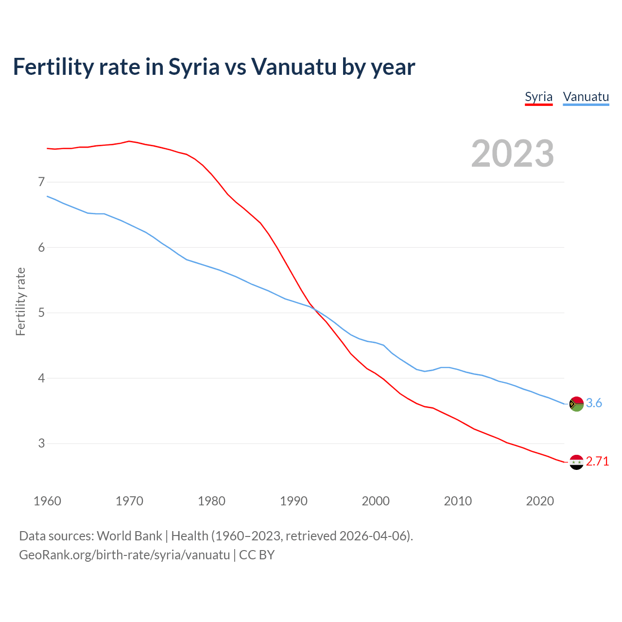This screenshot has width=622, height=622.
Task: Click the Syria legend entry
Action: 538,97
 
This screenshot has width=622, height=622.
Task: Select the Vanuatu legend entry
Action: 586,97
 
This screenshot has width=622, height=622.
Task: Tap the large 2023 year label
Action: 513,154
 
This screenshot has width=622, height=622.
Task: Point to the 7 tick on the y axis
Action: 41,182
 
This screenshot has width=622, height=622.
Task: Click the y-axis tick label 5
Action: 41,312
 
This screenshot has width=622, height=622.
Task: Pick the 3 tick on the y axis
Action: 41,443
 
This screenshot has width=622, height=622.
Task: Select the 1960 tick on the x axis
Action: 47,501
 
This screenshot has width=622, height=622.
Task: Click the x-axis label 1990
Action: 294,501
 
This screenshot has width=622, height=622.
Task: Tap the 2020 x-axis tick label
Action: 540,501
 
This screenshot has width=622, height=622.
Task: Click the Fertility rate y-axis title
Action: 20,301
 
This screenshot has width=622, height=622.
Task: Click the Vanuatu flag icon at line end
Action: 576,404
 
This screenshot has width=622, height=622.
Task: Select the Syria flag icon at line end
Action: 576,462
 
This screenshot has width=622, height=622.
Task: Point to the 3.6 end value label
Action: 594,403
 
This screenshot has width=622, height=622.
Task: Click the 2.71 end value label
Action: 597,461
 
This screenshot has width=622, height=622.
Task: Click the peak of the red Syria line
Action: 129,141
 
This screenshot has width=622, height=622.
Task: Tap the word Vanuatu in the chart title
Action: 294,67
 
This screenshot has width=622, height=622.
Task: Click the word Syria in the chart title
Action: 194,67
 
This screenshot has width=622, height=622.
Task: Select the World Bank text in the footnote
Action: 129,536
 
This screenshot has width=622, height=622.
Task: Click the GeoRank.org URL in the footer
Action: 124,555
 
